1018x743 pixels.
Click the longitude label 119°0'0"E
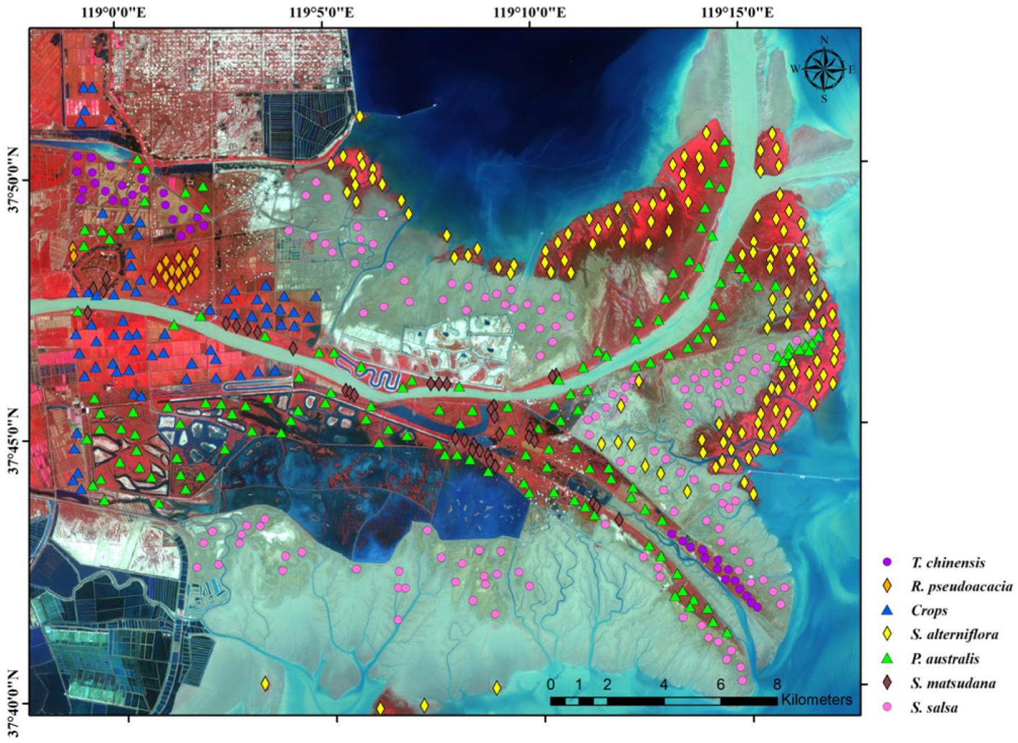tap(114, 12)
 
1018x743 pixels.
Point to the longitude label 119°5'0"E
tap(322, 12)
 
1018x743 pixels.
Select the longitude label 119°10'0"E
tap(530, 12)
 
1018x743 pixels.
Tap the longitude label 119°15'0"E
tap(737, 12)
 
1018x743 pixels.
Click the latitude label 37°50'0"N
tap(12, 180)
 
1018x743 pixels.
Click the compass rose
tap(824, 69)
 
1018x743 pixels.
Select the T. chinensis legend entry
tap(947, 563)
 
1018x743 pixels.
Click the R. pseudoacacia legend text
tap(961, 586)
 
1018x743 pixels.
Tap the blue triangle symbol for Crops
tap(887, 610)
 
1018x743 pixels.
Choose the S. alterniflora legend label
tap(954, 635)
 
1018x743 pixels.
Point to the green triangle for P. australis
tap(887, 659)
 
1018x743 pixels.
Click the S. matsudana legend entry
tap(952, 683)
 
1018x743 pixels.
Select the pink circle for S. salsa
tap(887, 708)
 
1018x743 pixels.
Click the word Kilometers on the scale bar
tap(816, 700)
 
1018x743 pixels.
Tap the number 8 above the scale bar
tap(777, 684)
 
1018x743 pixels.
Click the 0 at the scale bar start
tap(550, 684)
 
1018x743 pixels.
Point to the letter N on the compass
tap(824, 40)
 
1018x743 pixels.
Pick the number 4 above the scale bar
tap(664, 684)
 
